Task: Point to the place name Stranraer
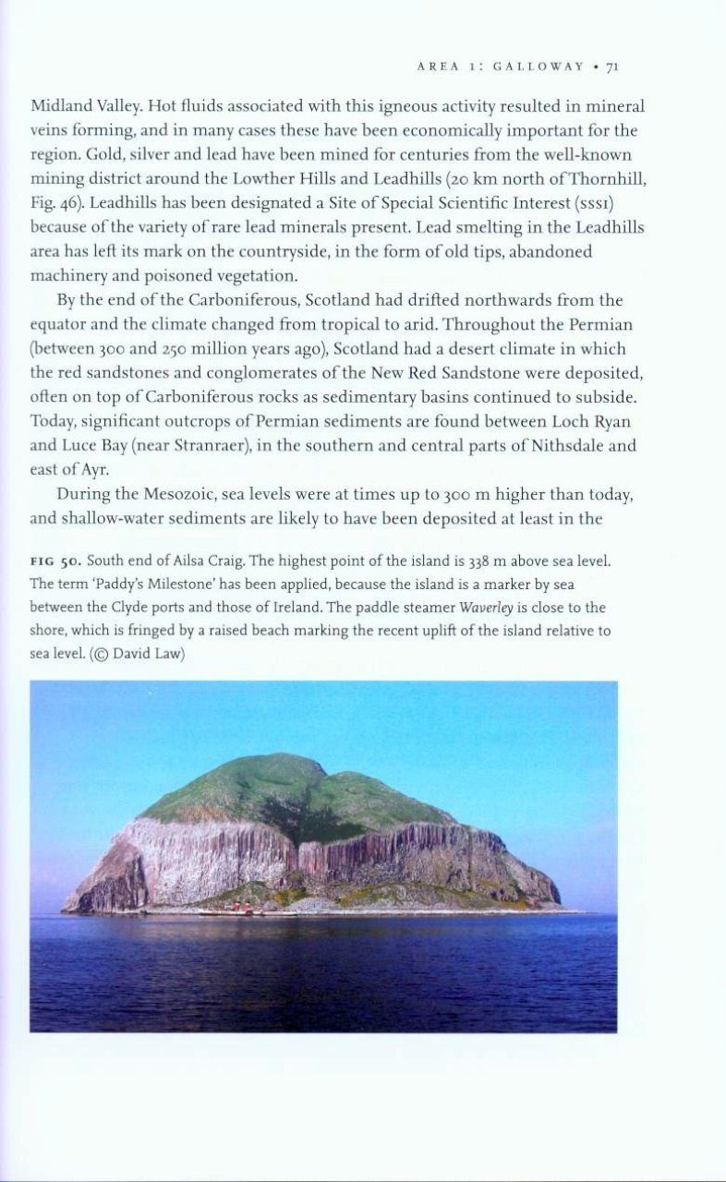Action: point(220,446)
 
